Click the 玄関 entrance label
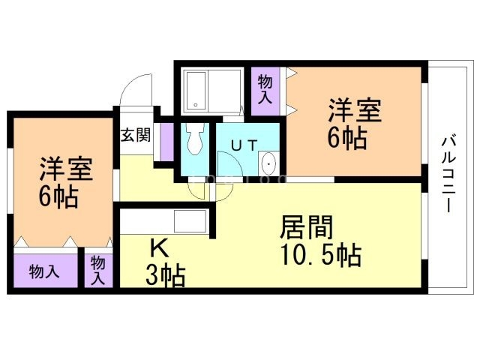tap(135, 136)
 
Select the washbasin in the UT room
tap(268, 164)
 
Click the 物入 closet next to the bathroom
tap(265, 89)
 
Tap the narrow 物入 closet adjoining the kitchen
tap(98, 269)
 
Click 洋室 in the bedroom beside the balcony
tap(355, 111)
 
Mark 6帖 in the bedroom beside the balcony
tap(347, 138)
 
